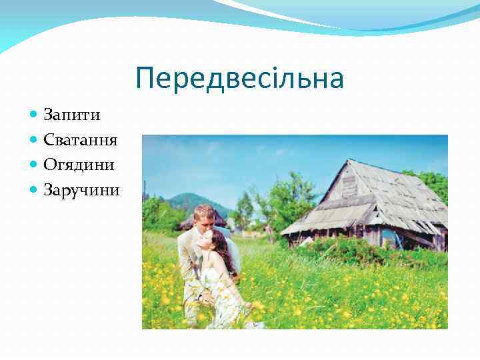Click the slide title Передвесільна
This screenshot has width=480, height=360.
[239, 79]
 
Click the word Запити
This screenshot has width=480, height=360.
[72, 115]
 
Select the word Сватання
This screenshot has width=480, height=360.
[80, 140]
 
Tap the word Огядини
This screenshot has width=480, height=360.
[79, 165]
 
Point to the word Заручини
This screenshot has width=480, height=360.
[81, 190]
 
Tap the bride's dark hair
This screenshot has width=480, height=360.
[223, 250]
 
